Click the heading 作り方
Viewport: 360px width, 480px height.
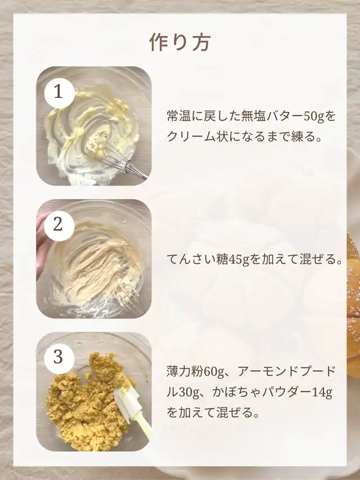point(180,42)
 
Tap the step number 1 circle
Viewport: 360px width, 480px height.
point(59,93)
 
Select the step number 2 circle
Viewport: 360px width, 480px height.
point(59,226)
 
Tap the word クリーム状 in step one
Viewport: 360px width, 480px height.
point(198,137)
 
